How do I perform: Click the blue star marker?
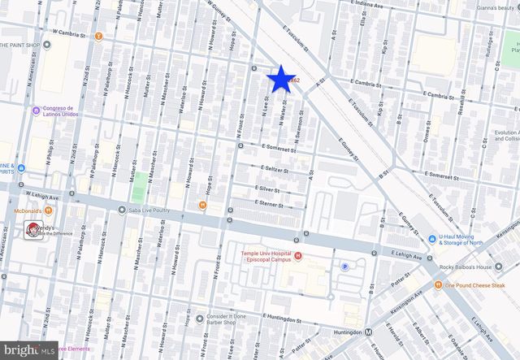(x=280, y=79)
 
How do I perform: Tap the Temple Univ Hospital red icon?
(x=297, y=258)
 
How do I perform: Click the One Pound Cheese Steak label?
(x=476, y=285)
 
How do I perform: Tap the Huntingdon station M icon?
(x=369, y=332)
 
